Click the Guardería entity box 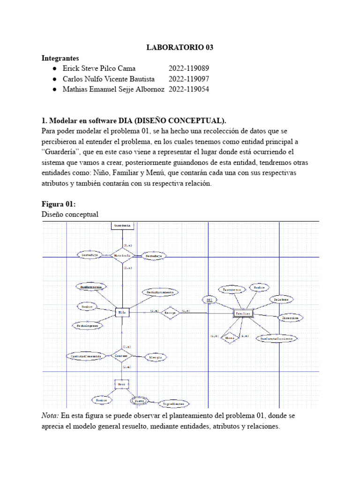pos(123,226)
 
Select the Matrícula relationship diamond pos(122,255)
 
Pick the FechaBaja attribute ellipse pos(154,256)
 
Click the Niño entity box pos(122,312)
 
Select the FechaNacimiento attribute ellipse pos(160,292)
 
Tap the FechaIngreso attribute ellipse pos(88,325)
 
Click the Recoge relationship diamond pos(171,312)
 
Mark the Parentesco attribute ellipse pos(231,290)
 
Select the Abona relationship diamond pos(229,337)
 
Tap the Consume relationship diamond pos(121,356)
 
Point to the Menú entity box pos(121,384)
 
